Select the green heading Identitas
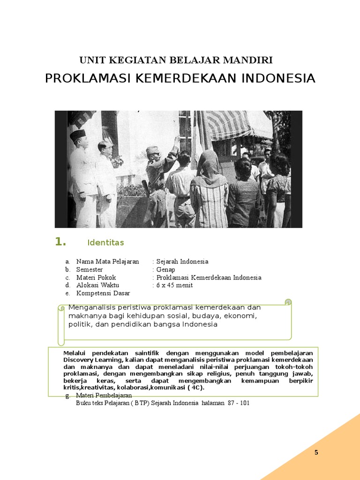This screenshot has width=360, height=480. click(x=105, y=242)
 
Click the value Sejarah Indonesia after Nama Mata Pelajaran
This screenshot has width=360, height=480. click(x=182, y=262)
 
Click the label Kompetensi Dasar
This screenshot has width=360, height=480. click(x=103, y=293)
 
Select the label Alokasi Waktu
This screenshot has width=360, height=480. click(x=97, y=285)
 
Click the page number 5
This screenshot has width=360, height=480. click(x=316, y=452)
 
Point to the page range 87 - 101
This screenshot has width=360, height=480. click(x=237, y=403)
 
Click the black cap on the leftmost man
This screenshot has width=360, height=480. click(x=78, y=135)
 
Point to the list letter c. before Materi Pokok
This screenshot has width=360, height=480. click(x=67, y=277)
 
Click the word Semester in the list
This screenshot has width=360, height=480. click(x=90, y=270)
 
